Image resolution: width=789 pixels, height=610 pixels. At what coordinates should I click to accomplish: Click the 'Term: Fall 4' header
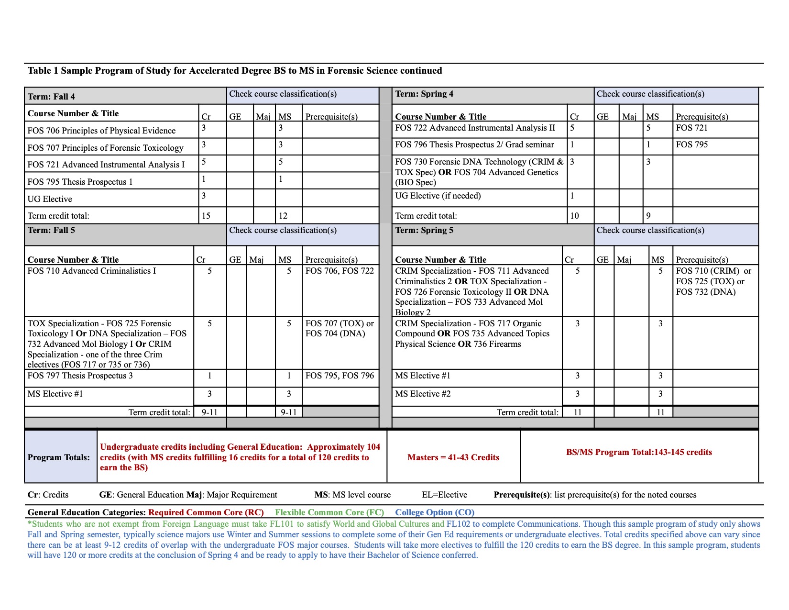pos(51,97)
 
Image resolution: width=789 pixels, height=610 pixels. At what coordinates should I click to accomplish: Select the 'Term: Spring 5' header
pos(424,230)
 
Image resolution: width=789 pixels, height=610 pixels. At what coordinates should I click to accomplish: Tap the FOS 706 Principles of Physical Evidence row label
pos(101,131)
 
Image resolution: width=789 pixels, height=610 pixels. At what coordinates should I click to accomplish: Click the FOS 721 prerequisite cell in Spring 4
pos(691,128)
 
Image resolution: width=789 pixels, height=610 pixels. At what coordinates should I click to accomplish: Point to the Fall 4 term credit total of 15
pos(206,216)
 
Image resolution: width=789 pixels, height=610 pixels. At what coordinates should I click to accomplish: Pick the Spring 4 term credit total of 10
pos(574,216)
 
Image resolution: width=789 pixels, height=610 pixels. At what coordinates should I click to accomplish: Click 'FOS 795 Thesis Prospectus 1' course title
pos(80,182)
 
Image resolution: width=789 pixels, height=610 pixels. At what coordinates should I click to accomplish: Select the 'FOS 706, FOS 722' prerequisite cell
pos(340,271)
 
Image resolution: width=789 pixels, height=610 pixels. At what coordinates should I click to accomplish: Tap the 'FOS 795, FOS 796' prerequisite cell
pos(340,376)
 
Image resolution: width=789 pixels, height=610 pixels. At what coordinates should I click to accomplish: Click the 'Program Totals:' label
pos(59,457)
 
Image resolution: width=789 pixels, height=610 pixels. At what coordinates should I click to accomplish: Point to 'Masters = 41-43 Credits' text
pos(453,457)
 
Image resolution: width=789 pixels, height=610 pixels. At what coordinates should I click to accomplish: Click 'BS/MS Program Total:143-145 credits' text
pos(639,452)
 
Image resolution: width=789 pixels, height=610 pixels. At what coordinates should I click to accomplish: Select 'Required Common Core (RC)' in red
pos(206,512)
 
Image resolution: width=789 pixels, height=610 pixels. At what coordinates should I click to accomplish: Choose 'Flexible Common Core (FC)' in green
pos(329,512)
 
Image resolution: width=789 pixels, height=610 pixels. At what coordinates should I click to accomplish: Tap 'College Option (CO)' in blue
pos(435,512)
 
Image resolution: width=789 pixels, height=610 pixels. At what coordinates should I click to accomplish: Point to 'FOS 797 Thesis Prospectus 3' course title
pos(80,376)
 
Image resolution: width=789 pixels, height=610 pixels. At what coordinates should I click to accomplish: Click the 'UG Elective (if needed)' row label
pos(438,196)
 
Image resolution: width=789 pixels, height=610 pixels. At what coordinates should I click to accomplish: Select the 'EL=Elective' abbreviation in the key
pos(444,495)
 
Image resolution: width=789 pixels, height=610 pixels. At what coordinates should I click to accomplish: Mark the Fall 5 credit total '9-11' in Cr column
pos(209,412)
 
